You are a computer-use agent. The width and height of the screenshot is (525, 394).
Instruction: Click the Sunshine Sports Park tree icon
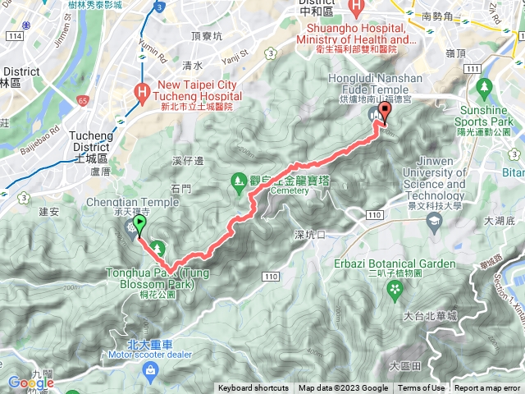483,86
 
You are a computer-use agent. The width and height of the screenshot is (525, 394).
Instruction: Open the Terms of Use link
422,388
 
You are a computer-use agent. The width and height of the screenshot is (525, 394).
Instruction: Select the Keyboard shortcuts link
253,388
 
